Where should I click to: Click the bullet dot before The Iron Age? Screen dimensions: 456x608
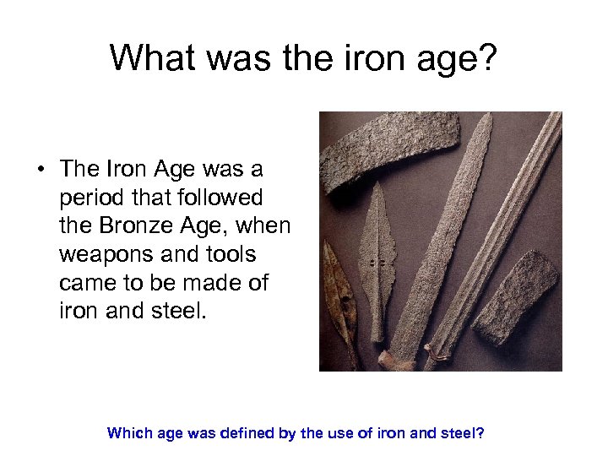click(x=40, y=169)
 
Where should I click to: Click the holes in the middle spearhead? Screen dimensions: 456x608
click(x=377, y=263)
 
